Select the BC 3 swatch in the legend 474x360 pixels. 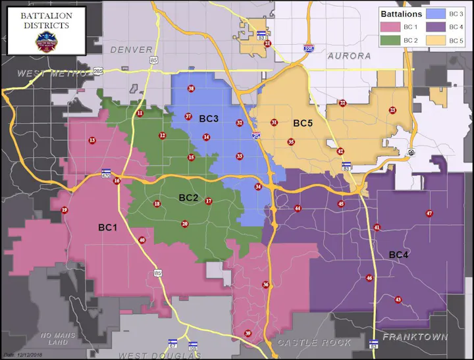(x=436, y=13)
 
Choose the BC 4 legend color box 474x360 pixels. (x=436, y=27)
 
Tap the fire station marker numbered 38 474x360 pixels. (x=191, y=88)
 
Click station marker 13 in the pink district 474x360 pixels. (x=92, y=140)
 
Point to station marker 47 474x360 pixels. (x=429, y=213)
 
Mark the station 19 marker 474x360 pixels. (x=64, y=211)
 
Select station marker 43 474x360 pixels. (x=398, y=300)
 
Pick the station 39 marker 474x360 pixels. (x=248, y=334)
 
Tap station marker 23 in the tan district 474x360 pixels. (x=392, y=110)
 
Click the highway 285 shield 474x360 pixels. (x=98, y=70)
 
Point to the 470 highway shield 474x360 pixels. (x=106, y=175)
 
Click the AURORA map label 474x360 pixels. (x=349, y=56)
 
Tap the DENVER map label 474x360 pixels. (x=131, y=50)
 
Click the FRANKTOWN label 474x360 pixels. (x=415, y=337)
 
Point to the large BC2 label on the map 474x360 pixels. (x=188, y=197)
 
